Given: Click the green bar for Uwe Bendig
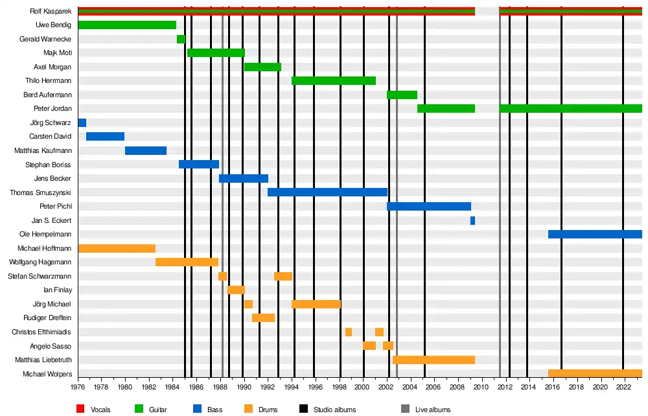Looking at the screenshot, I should [x=127, y=25].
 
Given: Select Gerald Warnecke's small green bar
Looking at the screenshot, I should [x=181, y=40].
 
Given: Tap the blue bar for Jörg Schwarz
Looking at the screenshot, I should [x=82, y=123].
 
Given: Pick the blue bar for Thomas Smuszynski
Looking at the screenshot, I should [x=327, y=192].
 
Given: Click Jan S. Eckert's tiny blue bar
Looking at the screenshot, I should [x=472, y=221].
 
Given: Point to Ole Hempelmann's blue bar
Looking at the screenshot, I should [x=595, y=235].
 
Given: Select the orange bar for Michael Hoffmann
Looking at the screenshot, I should [x=117, y=249].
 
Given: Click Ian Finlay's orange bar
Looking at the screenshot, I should [x=236, y=290].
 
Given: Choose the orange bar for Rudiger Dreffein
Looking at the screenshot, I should [x=263, y=318].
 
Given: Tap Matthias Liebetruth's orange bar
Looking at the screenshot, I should [x=434, y=360].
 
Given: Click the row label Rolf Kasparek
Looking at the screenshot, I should [x=51, y=12].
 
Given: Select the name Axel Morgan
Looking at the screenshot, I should [x=52, y=67].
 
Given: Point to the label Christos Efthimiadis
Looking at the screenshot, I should [x=41, y=332].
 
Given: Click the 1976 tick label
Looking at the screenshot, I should [x=78, y=387].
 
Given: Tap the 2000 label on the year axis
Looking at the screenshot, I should [x=364, y=387].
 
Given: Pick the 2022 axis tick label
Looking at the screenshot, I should [x=623, y=387].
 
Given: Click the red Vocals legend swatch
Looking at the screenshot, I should [x=80, y=409].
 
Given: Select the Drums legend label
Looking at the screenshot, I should [x=268, y=410].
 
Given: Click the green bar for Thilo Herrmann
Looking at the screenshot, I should [x=334, y=81].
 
